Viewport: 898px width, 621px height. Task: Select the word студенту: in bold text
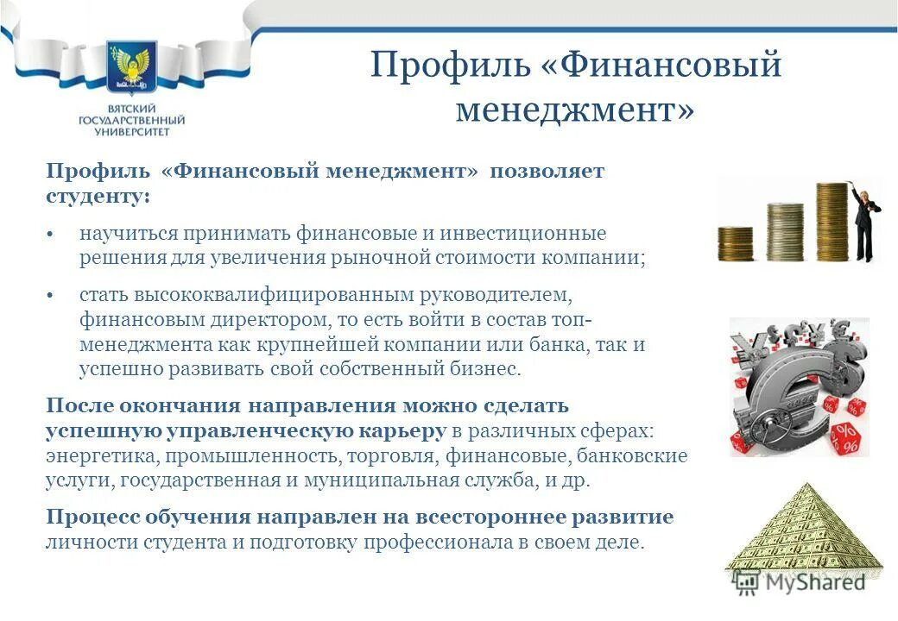click(x=97, y=196)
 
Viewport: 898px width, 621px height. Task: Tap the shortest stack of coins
click(x=736, y=243)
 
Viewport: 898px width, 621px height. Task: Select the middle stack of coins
click(x=785, y=231)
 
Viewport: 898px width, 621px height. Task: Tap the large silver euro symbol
click(x=781, y=388)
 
